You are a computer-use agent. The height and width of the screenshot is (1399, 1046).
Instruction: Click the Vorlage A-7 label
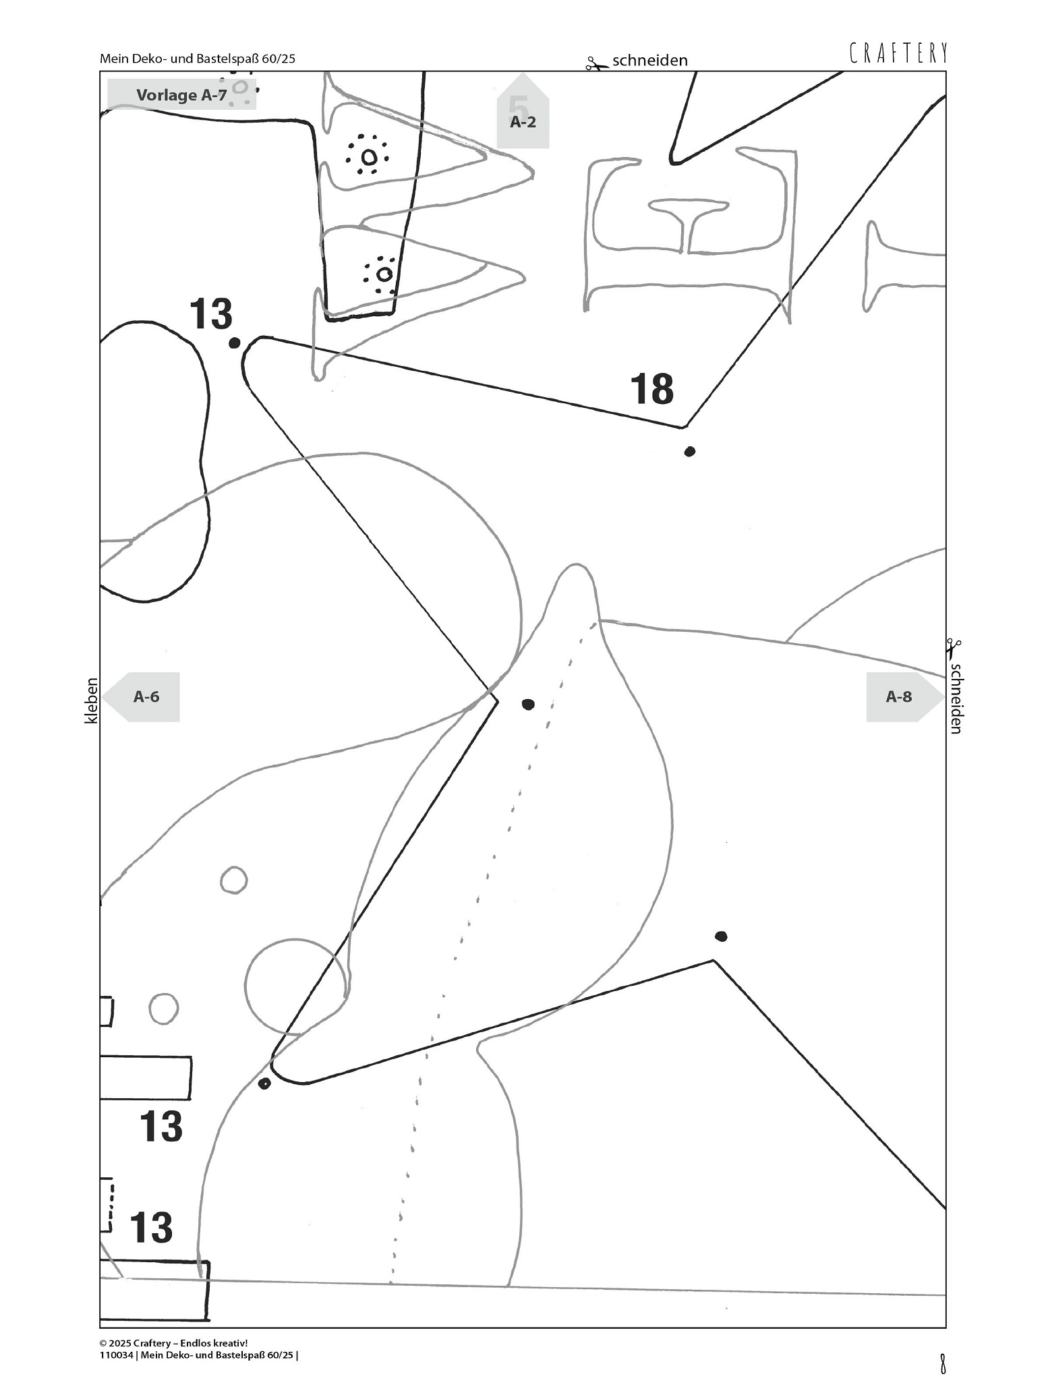pos(181,95)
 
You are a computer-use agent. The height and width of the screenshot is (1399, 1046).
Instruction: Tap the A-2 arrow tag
pos(523,122)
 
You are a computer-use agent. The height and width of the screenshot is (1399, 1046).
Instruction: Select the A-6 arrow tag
pos(145,696)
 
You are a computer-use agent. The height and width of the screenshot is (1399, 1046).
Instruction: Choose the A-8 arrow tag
pos(900,696)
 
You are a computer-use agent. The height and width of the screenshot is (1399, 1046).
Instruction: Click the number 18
pos(651,389)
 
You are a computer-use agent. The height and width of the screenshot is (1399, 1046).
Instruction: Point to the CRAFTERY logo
pos(898,53)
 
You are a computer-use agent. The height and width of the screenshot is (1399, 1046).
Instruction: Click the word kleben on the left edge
pos(91,701)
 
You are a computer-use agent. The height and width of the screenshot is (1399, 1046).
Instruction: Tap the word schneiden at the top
pos(649,61)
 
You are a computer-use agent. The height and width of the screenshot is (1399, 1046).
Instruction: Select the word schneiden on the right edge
pos(955,698)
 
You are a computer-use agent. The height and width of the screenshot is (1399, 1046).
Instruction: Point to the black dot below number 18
pos(689,451)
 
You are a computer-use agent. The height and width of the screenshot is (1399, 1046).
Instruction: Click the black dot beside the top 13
pos(234,343)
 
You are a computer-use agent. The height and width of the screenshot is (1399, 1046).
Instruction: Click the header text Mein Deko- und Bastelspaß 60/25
pos(197,59)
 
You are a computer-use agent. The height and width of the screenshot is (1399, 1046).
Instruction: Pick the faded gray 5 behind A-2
pos(518,107)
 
